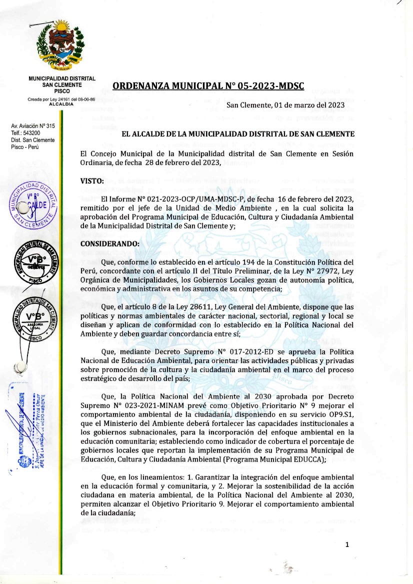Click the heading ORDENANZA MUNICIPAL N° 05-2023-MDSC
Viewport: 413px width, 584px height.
(x=208, y=85)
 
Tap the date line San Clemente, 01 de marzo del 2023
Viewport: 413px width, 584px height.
(x=285, y=105)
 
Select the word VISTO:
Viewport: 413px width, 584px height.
(x=92, y=181)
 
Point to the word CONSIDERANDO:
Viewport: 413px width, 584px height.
(x=110, y=243)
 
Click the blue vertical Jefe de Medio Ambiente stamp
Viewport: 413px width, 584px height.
(x=30, y=430)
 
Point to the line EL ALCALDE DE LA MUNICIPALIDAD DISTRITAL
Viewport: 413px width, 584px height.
(x=238, y=134)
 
